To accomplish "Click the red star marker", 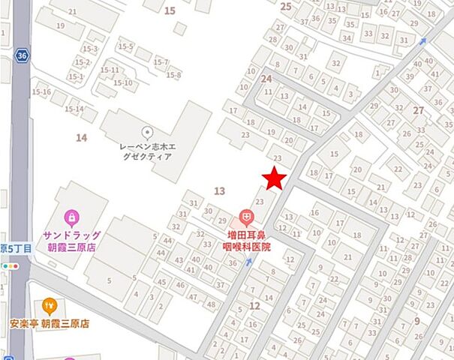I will tap(275, 179).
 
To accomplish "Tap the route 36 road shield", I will tap(21, 55).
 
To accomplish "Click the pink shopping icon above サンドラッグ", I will tap(71, 219).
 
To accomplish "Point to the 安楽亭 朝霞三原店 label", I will tap(50, 325).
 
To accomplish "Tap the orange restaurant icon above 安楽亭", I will tap(50, 305).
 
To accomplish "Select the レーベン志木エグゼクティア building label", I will tap(146, 151).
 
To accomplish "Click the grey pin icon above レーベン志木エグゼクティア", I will tap(146, 132).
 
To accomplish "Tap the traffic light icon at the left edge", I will tap(10, 265).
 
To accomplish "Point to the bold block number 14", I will tap(81, 137).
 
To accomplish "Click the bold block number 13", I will tap(220, 191).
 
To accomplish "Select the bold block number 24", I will tap(266, 78).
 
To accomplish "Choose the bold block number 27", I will tap(418, 110).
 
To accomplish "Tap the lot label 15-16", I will tap(41, 92).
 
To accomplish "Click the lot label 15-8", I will tap(174, 75).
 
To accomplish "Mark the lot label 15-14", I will tap(74, 109).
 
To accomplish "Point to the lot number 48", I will tap(211, 304).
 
